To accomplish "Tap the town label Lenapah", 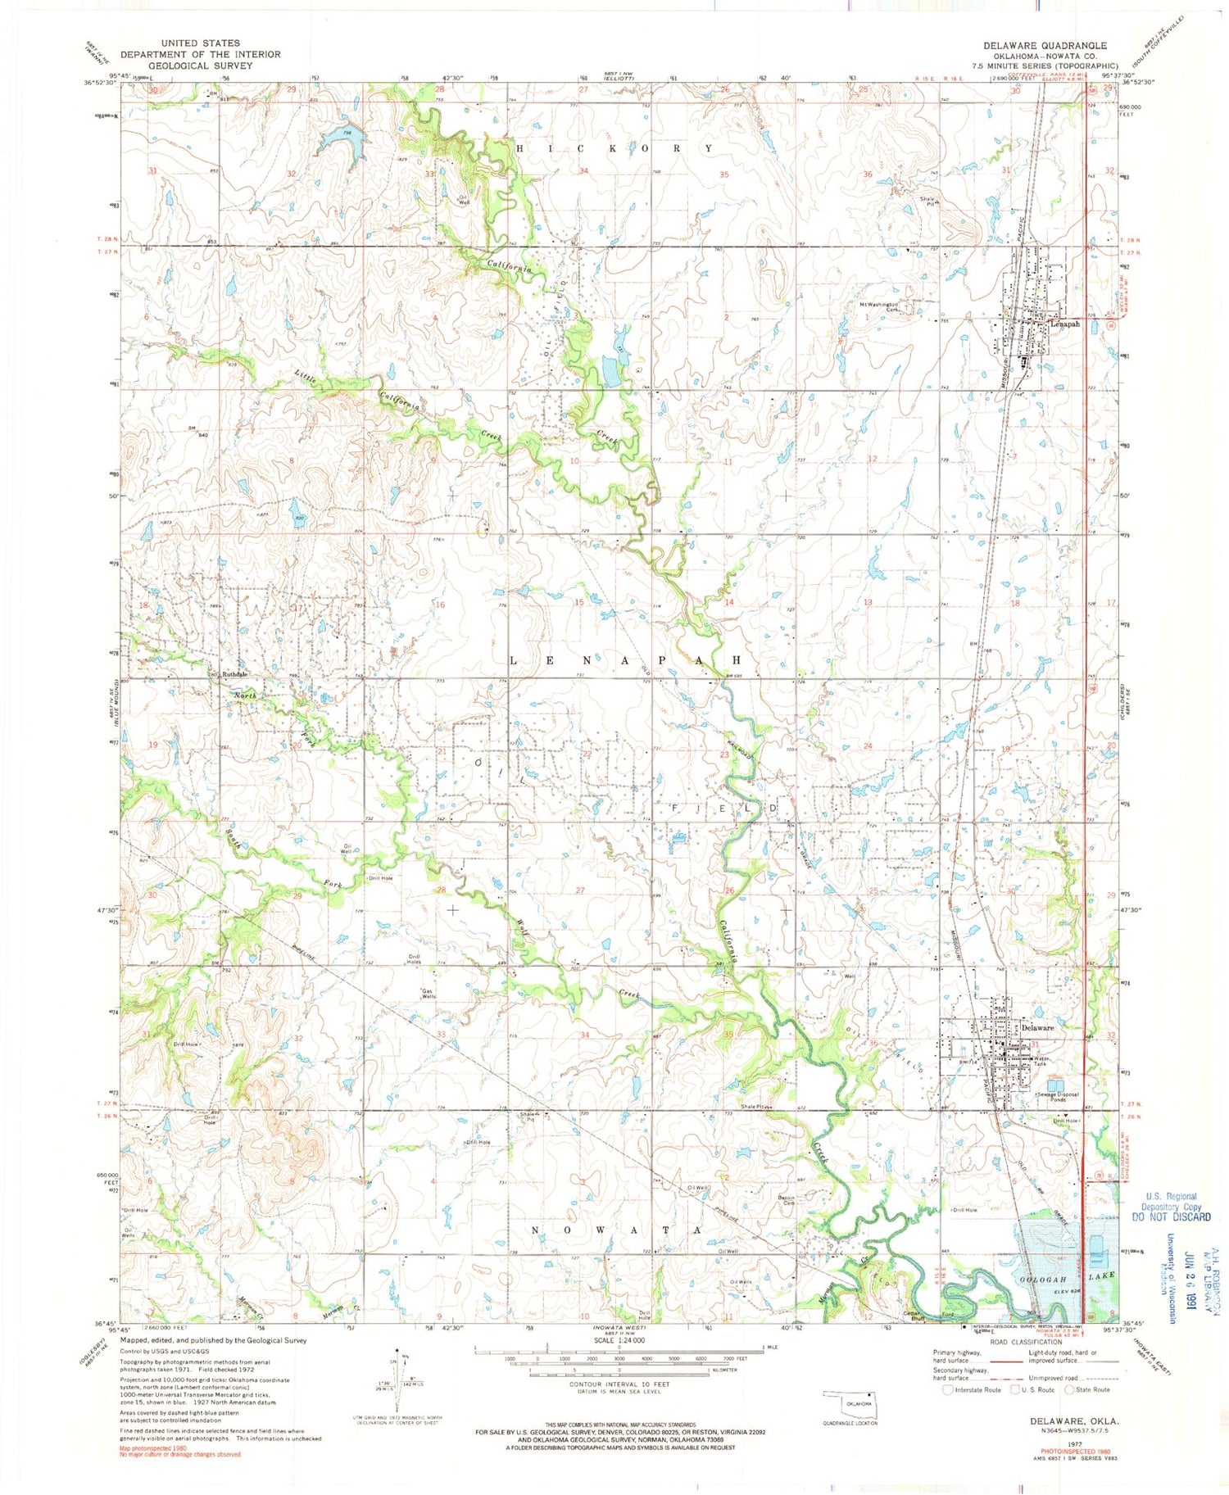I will [1065, 324].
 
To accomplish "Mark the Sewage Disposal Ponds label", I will [1058, 1098].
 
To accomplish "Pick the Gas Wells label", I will [428, 994].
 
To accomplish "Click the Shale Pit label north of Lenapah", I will [928, 202].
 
